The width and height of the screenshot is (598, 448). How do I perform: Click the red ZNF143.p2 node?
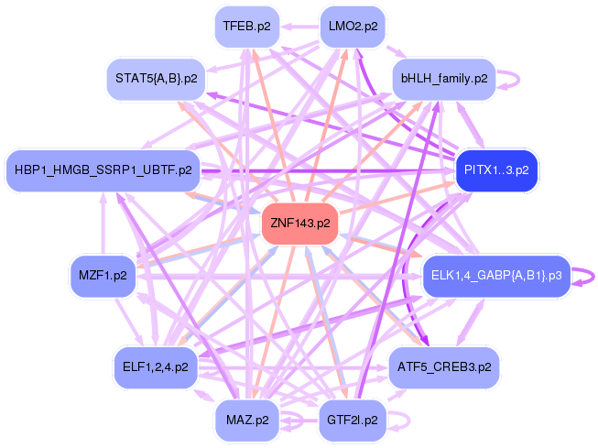point(300,224)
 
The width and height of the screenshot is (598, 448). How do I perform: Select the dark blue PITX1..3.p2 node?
point(496,170)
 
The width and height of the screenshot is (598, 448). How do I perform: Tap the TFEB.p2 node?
point(247,27)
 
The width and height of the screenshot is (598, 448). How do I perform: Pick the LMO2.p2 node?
point(353,27)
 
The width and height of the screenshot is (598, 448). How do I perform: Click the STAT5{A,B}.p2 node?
point(157,79)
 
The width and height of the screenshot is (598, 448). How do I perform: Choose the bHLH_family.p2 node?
point(444,79)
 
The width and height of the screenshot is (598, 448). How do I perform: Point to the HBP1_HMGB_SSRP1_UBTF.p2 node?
point(103,170)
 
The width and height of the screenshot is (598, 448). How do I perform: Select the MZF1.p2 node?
point(103,276)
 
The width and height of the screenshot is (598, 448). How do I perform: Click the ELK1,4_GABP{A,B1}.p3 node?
point(496,276)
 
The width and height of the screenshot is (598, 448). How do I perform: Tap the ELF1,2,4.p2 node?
point(156,367)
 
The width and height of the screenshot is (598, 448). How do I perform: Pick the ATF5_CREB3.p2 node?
point(444,367)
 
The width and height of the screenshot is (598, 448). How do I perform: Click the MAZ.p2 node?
point(247,421)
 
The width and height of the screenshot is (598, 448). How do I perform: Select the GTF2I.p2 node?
point(353,421)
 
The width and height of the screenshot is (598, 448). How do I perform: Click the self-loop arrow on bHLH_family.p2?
point(518,80)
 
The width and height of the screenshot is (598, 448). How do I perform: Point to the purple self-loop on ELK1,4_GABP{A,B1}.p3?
point(593,276)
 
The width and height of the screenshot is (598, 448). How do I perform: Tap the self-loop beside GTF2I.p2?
point(409,421)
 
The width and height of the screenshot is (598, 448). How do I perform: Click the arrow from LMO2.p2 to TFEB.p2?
point(299,27)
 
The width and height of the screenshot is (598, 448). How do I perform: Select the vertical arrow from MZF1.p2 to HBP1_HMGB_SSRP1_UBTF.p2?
point(103,224)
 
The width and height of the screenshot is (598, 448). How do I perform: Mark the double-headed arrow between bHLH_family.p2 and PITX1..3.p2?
point(471,125)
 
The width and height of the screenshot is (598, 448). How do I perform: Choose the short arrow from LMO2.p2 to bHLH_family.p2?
point(397,52)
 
